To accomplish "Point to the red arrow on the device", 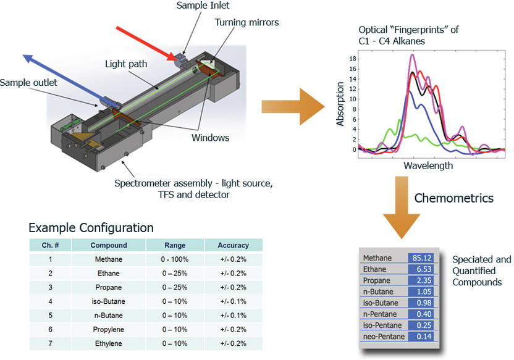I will [x=148, y=43].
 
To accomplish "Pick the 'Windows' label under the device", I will [x=210, y=137].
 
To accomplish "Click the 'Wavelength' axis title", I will [x=428, y=165].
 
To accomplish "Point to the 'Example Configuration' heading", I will [x=91, y=227].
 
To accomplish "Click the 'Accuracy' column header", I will [x=234, y=245].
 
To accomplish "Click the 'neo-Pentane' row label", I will [x=383, y=336].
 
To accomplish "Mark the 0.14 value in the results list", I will [x=423, y=336].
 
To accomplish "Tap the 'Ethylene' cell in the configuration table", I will [x=108, y=344].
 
